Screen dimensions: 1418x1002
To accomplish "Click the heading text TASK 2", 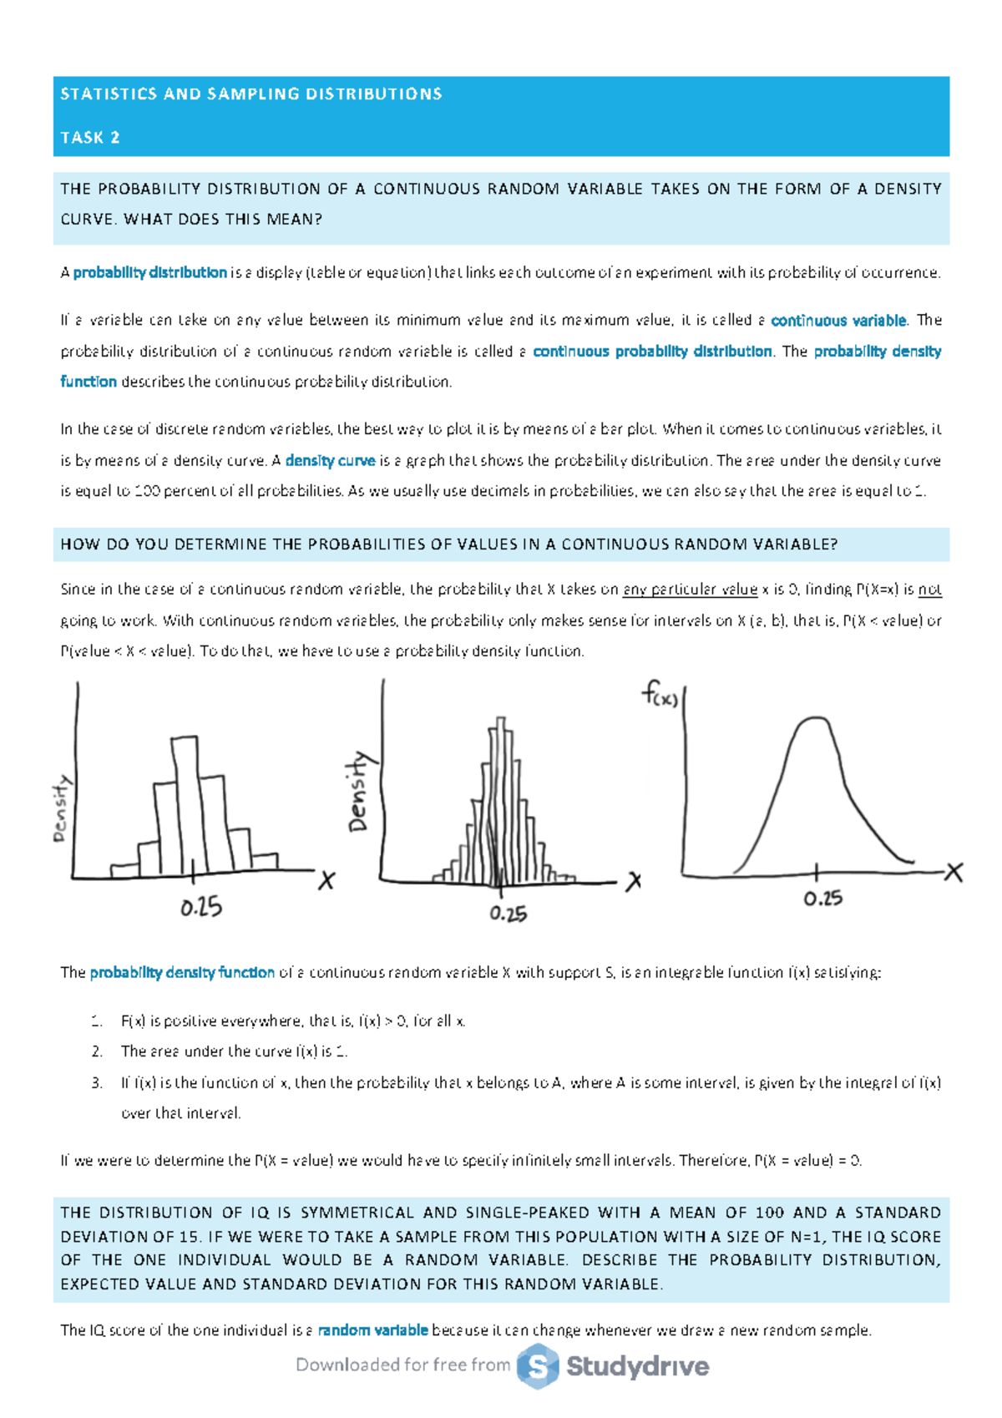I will coord(90,138).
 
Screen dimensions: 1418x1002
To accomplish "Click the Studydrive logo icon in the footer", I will coord(537,1366).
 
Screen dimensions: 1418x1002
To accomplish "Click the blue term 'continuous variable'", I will coord(838,321).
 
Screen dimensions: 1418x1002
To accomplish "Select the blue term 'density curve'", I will coord(330,460).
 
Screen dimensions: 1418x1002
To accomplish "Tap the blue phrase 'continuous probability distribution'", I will coord(651,352).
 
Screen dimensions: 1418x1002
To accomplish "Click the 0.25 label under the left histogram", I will coord(201,907).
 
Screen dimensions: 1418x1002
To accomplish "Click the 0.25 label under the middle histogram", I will coord(508,914).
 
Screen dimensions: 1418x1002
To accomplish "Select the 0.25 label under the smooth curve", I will coord(822,899).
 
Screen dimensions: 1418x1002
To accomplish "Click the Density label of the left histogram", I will coord(61,808).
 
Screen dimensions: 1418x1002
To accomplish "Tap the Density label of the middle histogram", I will coord(358,792).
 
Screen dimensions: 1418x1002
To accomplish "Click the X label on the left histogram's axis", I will coord(326,880).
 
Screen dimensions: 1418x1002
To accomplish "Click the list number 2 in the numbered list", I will coord(97,1051).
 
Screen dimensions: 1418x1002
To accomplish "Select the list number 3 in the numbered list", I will coord(97,1083).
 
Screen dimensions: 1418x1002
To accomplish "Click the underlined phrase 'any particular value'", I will coord(690,590).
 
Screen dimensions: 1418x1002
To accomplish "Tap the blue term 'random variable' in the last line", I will coord(372,1330).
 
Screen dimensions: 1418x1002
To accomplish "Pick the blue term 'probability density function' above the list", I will coord(182,973).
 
